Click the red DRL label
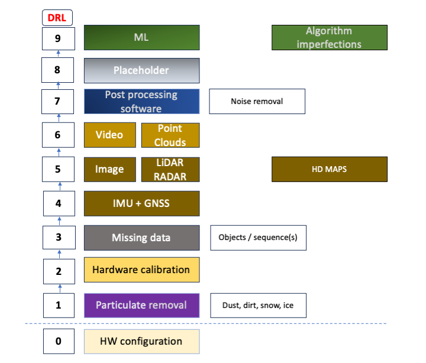57,18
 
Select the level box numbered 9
59,38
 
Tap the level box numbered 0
59,341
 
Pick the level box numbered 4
59,203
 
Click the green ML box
142,37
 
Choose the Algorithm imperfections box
330,37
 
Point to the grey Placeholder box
142,70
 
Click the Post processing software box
142,102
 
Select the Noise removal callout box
257,101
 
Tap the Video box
110,135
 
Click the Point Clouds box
170,135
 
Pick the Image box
110,170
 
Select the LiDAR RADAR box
170,170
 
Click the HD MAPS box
330,169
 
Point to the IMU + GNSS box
142,203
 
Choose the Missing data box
142,238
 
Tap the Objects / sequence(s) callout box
259,238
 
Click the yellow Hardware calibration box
142,270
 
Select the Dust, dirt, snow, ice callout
259,306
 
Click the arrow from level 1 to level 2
60,289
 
